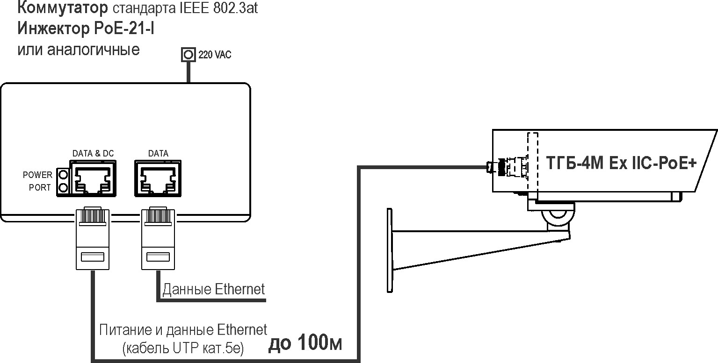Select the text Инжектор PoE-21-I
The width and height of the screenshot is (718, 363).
[x=87, y=29]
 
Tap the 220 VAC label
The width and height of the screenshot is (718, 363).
[x=215, y=55]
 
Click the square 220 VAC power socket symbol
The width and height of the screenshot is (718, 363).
[x=188, y=55]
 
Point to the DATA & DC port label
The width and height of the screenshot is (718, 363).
[x=93, y=153]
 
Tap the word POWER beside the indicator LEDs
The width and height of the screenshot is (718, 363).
[x=38, y=175]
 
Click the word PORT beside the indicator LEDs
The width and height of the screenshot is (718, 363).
[x=40, y=188]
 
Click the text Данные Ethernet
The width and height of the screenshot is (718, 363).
[x=213, y=289]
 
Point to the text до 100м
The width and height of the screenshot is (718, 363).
[x=305, y=343]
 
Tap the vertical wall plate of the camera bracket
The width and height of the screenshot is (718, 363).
[x=390, y=250]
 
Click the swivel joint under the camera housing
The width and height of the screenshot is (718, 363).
[x=557, y=215]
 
